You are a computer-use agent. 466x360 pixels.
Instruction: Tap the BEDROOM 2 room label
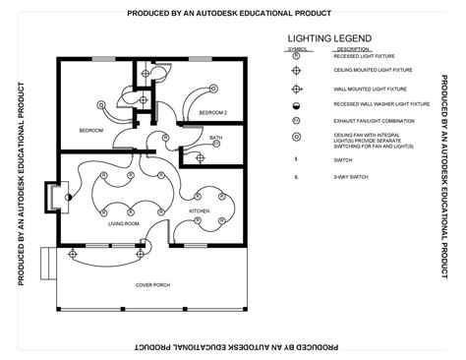(213, 113)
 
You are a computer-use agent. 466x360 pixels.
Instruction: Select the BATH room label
(215, 138)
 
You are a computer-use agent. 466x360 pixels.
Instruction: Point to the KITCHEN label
(200, 211)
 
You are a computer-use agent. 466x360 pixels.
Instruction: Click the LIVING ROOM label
(123, 224)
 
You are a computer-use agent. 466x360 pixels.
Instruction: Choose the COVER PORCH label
(152, 284)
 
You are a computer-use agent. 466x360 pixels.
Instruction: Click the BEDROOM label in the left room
(91, 130)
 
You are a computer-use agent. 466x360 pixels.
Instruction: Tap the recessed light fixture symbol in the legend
(296, 56)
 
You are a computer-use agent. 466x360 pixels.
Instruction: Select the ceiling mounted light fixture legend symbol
(296, 71)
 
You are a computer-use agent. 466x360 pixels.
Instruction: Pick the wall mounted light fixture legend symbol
(296, 88)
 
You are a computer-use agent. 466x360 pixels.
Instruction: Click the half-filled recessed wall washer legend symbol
(296, 103)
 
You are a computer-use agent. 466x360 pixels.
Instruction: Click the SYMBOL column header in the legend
(297, 48)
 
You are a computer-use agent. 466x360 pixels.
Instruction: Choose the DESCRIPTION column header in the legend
(352, 48)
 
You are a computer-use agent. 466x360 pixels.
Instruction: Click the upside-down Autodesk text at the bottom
(232, 347)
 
